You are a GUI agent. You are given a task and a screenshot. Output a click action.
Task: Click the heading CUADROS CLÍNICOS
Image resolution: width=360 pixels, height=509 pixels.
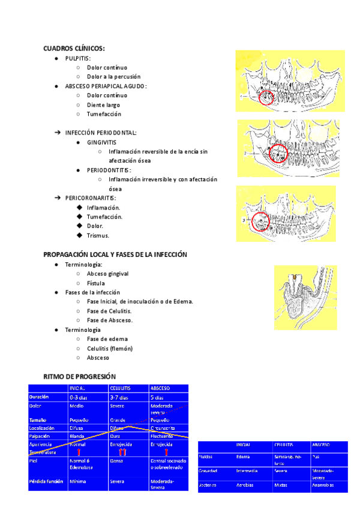tap(74, 48)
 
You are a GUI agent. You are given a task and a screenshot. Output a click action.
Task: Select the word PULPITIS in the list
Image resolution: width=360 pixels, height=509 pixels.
tap(77, 58)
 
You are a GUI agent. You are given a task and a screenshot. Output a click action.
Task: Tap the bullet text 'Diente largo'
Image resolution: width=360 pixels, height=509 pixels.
tap(104, 104)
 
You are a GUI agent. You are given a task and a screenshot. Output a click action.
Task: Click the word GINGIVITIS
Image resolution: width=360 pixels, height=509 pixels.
tap(101, 142)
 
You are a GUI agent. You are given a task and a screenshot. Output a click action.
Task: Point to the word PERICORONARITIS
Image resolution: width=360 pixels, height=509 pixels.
tap(91, 198)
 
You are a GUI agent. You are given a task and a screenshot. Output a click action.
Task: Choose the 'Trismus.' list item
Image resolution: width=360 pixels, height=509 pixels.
tap(98, 235)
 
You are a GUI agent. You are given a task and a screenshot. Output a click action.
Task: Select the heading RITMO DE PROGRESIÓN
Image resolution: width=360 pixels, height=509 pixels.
tap(79, 376)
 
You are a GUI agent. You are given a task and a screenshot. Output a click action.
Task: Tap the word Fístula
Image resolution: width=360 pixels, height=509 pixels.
tap(96, 283)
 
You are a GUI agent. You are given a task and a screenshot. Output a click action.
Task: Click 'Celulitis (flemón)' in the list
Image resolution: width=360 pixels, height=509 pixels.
tap(110, 348)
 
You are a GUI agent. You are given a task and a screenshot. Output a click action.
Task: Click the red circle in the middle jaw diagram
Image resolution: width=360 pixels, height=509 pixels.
tap(278, 155)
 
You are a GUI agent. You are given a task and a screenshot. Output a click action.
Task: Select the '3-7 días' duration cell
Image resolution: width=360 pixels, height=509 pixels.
tap(119, 397)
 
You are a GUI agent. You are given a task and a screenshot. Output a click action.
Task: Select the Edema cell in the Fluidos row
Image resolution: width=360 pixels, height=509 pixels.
tap(243, 457)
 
